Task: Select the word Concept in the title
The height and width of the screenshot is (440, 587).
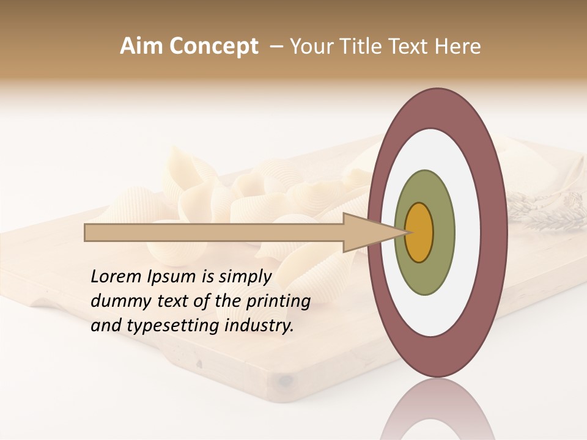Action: [213, 46]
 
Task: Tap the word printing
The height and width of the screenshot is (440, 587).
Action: [278, 301]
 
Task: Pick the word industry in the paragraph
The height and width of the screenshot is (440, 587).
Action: [259, 326]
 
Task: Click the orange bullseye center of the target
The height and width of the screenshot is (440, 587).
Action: [419, 232]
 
